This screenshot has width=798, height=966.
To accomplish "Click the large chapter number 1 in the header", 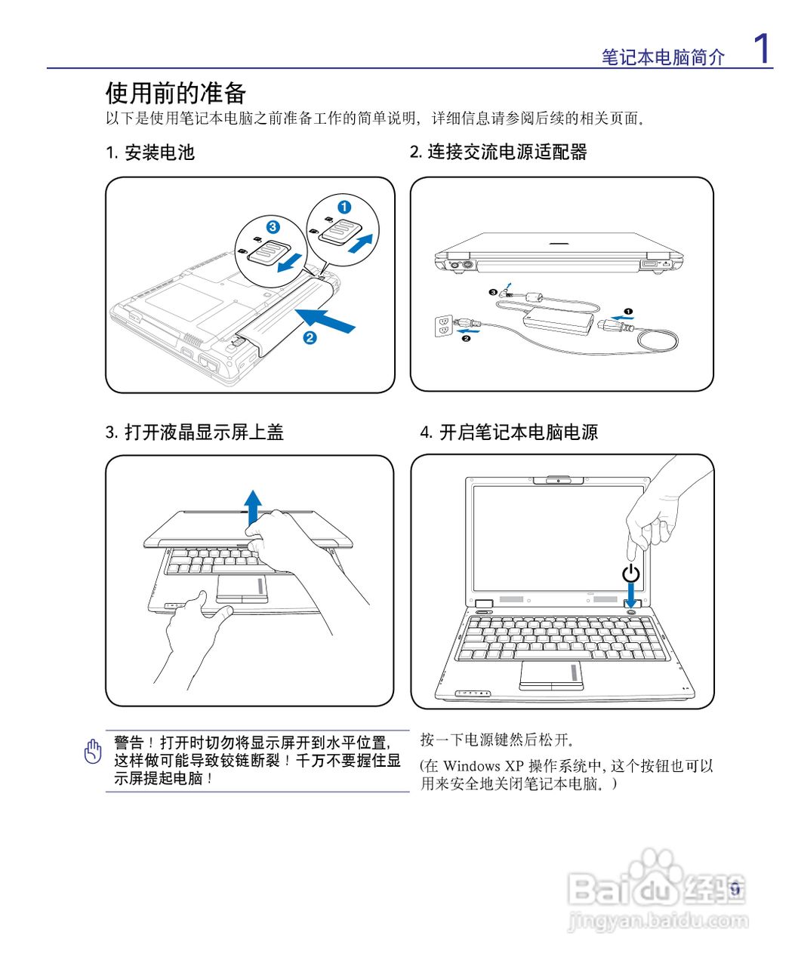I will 763,49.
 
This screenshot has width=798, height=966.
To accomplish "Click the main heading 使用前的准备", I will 176,94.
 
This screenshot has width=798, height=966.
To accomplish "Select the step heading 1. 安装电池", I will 150,152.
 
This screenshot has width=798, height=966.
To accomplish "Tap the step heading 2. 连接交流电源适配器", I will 498,152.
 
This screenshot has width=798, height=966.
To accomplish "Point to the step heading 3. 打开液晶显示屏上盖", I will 194,432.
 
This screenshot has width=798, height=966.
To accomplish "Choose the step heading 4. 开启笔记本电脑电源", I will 509,432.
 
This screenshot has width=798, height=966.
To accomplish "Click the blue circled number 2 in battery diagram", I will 310,337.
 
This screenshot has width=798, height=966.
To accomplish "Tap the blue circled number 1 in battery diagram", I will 344,207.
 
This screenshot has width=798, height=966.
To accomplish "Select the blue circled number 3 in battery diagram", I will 273,226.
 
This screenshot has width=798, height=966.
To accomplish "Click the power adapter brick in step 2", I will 559,320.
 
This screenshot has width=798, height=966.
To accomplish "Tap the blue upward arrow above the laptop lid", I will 253,506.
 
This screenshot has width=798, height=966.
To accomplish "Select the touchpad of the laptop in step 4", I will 552,675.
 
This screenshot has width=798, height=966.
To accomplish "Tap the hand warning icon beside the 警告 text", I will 93,751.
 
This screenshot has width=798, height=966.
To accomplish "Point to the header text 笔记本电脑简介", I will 663,57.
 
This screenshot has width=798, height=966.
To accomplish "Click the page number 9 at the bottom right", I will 735,889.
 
